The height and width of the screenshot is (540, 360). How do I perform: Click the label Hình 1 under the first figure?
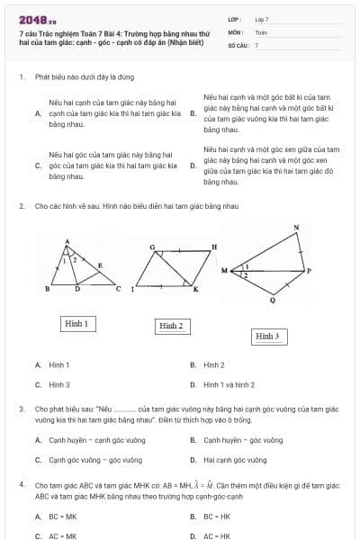point(76,322)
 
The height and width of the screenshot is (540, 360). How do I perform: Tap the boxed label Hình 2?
point(170,325)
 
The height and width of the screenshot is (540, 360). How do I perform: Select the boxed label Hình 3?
point(267,336)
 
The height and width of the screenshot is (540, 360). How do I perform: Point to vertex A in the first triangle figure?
point(67,241)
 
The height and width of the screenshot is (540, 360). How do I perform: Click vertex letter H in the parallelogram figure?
point(214,246)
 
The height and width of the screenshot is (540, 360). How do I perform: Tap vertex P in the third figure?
point(309,269)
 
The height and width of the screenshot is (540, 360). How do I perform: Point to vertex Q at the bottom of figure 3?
point(273,302)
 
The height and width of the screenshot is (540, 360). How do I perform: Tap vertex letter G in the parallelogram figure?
point(152,246)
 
